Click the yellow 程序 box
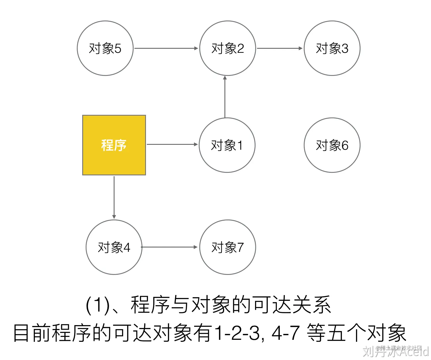click(114, 145)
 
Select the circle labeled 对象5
click(105, 48)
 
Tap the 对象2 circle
click(228, 48)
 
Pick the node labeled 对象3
click(332, 48)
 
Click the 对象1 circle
click(227, 145)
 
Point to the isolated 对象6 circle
click(332, 145)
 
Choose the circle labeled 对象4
click(114, 247)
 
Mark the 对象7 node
click(228, 247)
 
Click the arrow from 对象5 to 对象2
click(166, 48)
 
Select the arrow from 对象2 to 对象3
click(280, 48)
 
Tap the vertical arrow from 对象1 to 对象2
click(225, 97)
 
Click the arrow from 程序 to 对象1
click(172, 144)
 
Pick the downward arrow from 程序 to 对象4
click(114, 197)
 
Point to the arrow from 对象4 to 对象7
click(170, 247)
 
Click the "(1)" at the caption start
click(98, 305)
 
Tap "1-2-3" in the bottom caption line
click(237, 333)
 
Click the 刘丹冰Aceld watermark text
click(395, 351)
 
